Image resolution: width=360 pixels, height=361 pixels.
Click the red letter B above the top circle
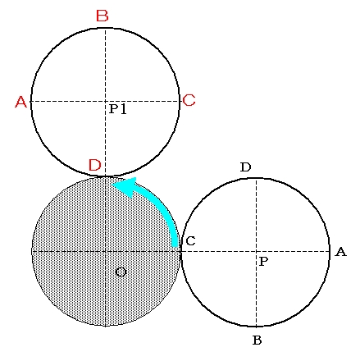tap(103, 16)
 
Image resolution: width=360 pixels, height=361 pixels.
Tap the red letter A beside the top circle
tap(21, 102)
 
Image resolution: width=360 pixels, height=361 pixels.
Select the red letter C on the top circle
tap(189, 100)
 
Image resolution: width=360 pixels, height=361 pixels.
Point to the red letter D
tap(95, 165)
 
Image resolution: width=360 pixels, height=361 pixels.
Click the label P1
tap(118, 109)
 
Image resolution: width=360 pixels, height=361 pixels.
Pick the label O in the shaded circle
tap(121, 272)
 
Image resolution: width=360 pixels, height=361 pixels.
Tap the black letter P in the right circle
tap(263, 262)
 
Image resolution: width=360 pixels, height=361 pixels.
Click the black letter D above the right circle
tap(245, 167)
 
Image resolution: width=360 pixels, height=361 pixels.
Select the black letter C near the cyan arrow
tap(190, 241)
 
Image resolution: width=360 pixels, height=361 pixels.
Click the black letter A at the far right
tap(340, 252)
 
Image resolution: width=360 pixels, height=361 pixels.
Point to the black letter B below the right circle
tap(257, 340)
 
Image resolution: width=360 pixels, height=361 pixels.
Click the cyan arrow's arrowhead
tap(125, 187)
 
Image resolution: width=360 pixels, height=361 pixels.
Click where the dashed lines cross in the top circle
tap(106, 101)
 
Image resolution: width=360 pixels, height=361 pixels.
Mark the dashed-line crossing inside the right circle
tap(256, 251)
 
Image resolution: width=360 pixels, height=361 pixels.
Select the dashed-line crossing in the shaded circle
tap(106, 252)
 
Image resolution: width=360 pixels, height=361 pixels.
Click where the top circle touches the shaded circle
tap(106, 176)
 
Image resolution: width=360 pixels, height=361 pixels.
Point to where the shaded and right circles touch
tap(180, 251)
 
